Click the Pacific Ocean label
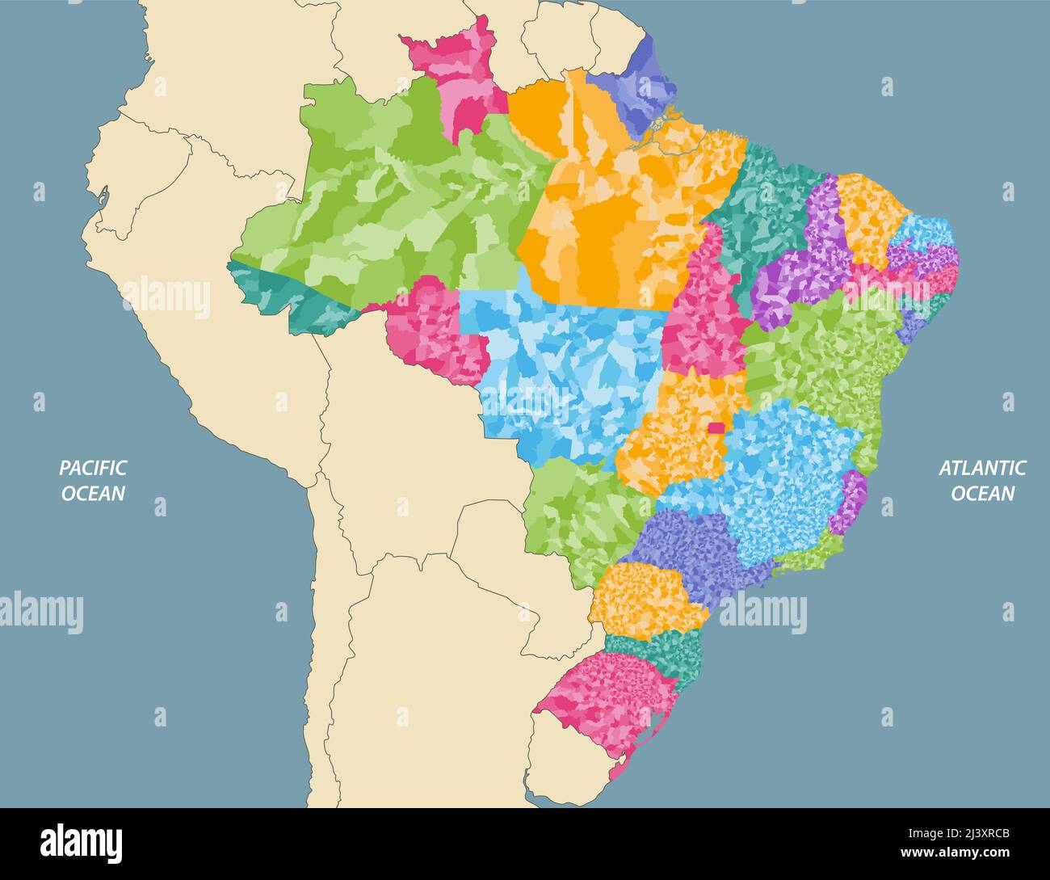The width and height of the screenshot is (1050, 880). point(93,480)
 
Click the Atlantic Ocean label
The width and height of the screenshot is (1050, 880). point(981,480)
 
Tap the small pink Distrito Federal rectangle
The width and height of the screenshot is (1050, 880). point(716,428)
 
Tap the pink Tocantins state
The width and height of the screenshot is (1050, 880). point(703,315)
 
